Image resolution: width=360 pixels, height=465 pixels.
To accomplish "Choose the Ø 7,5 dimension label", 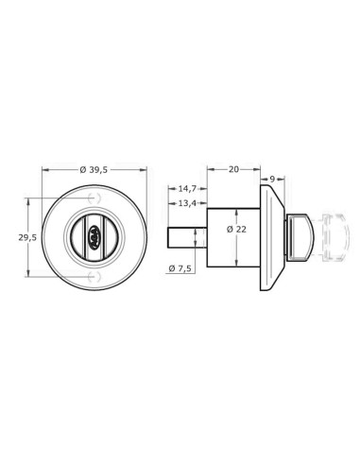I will point(180,269).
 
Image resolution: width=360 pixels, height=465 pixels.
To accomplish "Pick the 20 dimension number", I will point(233,171).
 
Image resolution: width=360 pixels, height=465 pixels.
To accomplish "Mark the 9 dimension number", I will point(271,177).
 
